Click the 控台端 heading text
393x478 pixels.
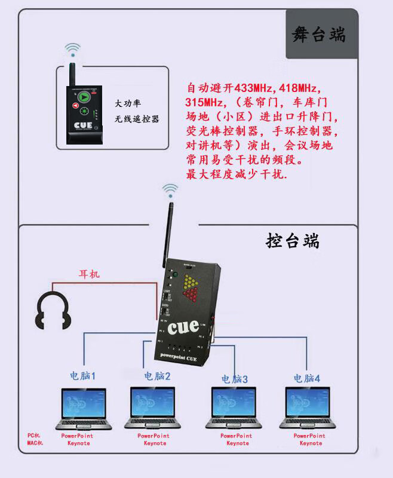293,241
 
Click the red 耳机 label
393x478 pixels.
90,274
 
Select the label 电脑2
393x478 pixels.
157,376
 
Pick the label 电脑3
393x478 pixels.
234,379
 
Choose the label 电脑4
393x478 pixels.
306,378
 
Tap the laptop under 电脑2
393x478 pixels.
153,409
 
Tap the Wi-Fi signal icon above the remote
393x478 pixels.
73,48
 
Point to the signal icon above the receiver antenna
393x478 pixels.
171,191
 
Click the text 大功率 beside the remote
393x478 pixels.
128,103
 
